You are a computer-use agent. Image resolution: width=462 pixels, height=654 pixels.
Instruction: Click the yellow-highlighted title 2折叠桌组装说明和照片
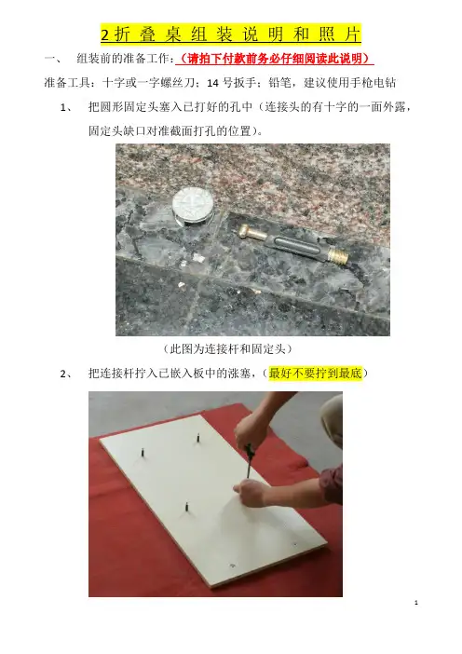[231, 34]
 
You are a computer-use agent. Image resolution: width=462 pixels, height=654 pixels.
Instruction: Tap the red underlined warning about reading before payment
[275, 59]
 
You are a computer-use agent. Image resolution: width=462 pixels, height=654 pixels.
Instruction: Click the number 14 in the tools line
[212, 83]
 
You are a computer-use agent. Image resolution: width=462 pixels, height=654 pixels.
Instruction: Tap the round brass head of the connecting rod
[245, 231]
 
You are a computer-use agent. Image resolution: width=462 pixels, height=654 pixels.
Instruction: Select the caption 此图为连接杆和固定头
[227, 348]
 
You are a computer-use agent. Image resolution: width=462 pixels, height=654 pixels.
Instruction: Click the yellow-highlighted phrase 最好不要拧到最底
[315, 373]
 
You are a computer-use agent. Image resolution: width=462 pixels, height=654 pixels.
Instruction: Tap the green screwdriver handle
[249, 451]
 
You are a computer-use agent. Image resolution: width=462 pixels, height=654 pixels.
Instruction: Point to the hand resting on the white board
[251, 492]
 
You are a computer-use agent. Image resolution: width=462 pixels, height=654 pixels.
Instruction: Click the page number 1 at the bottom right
[416, 603]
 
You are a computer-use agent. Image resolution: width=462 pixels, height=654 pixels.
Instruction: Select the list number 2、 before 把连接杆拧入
[66, 374]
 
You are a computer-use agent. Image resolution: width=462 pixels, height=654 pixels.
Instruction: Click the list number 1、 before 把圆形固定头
[66, 108]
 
